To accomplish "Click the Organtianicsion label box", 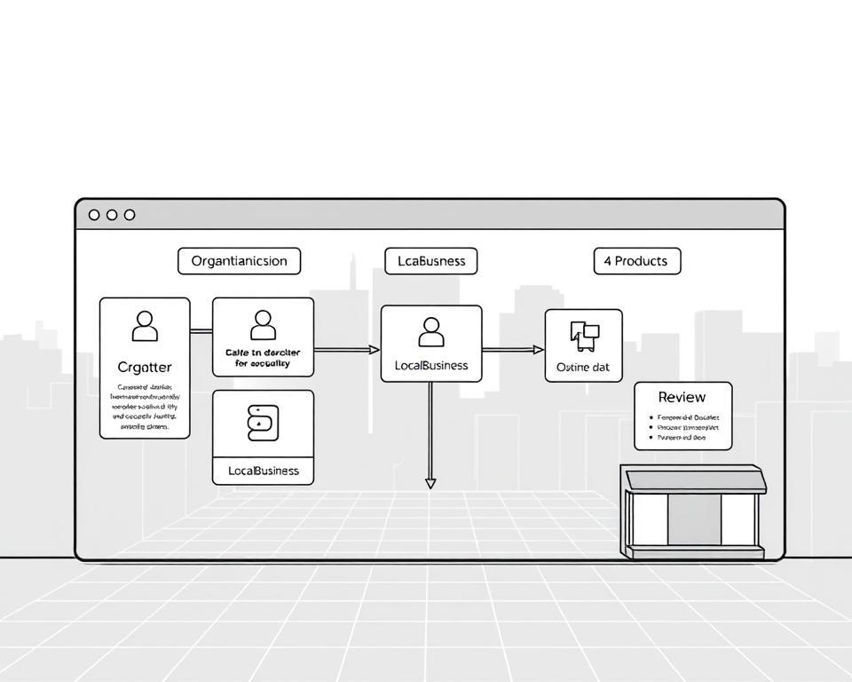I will click(239, 261).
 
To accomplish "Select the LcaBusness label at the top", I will click(430, 261).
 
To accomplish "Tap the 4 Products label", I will click(636, 261).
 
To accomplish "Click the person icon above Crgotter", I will click(145, 326).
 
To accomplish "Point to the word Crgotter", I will click(145, 367).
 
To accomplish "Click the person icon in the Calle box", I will click(263, 325).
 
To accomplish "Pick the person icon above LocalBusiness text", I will click(430, 331).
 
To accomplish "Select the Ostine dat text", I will click(583, 367).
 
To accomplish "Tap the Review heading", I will click(682, 397).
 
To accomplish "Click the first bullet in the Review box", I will click(652, 416).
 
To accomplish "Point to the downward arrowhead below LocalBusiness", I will click(430, 483).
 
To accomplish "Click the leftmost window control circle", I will click(94, 215).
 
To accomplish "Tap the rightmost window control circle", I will click(130, 215).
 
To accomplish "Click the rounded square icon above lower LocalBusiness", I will click(263, 424).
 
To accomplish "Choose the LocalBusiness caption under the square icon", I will click(263, 471).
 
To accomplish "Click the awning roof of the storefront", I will click(695, 480).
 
